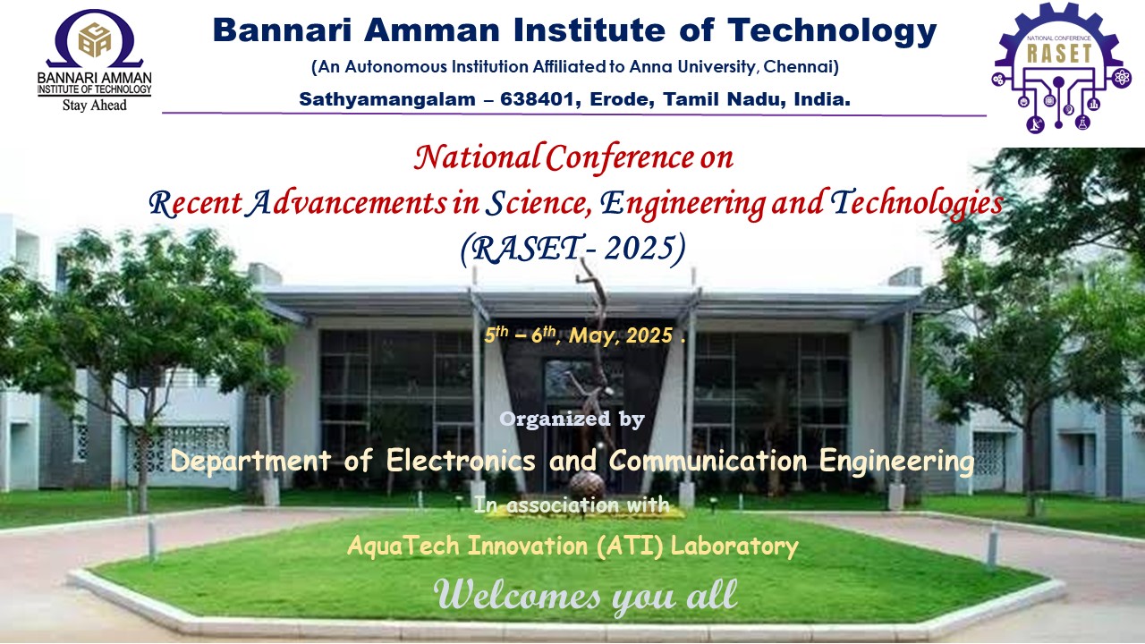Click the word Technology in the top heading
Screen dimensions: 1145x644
[x=832, y=31]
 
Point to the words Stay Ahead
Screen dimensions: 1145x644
[x=95, y=106]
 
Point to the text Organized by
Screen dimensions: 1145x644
[x=572, y=419]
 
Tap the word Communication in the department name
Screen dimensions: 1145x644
[x=708, y=461]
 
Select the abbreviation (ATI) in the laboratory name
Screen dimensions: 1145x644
[x=630, y=546]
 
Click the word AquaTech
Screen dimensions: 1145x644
[x=403, y=546]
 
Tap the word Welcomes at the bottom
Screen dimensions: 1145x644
[x=517, y=596]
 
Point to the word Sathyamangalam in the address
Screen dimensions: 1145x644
[x=387, y=99]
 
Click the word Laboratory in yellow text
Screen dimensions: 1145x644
[x=734, y=546]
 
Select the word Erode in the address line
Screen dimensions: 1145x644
[x=622, y=98]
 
